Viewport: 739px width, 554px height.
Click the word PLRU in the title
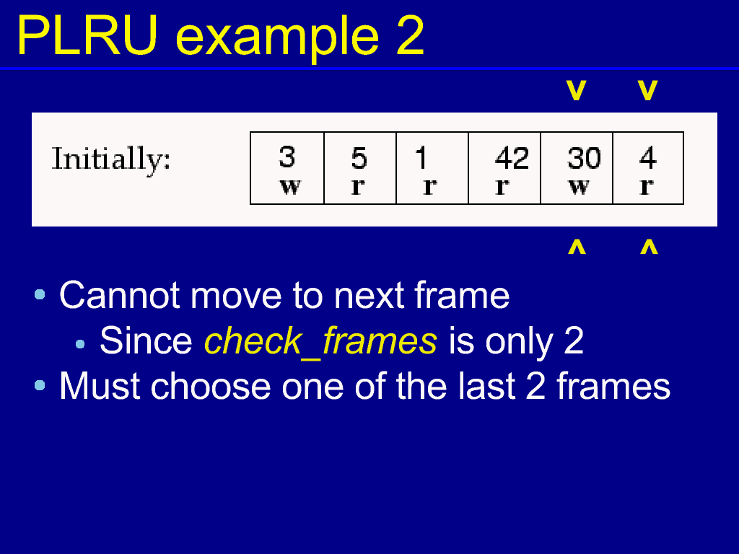pos(87,36)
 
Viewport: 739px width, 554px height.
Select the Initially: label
pos(110,159)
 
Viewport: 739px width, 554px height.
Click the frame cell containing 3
pos(287,168)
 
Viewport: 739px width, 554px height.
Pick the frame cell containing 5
pos(360,168)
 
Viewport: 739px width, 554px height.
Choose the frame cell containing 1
pos(432,168)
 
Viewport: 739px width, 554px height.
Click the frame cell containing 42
pos(504,168)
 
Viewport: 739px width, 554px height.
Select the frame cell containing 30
pos(577,168)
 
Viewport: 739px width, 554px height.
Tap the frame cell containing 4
pos(648,168)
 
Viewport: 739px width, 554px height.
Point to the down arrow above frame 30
pos(577,90)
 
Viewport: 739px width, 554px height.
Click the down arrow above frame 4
pos(647,90)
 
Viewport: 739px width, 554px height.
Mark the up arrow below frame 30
pos(577,247)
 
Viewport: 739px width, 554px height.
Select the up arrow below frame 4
pos(649,247)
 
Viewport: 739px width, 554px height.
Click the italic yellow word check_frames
pos(320,341)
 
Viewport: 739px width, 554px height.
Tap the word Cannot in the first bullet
pos(120,296)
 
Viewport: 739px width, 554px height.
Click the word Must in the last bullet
pos(100,387)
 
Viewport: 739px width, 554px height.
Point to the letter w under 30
pos(579,187)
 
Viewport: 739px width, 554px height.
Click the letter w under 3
pos(290,187)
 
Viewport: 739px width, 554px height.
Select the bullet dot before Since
pos(80,344)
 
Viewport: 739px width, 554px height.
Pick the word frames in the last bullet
pos(613,387)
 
